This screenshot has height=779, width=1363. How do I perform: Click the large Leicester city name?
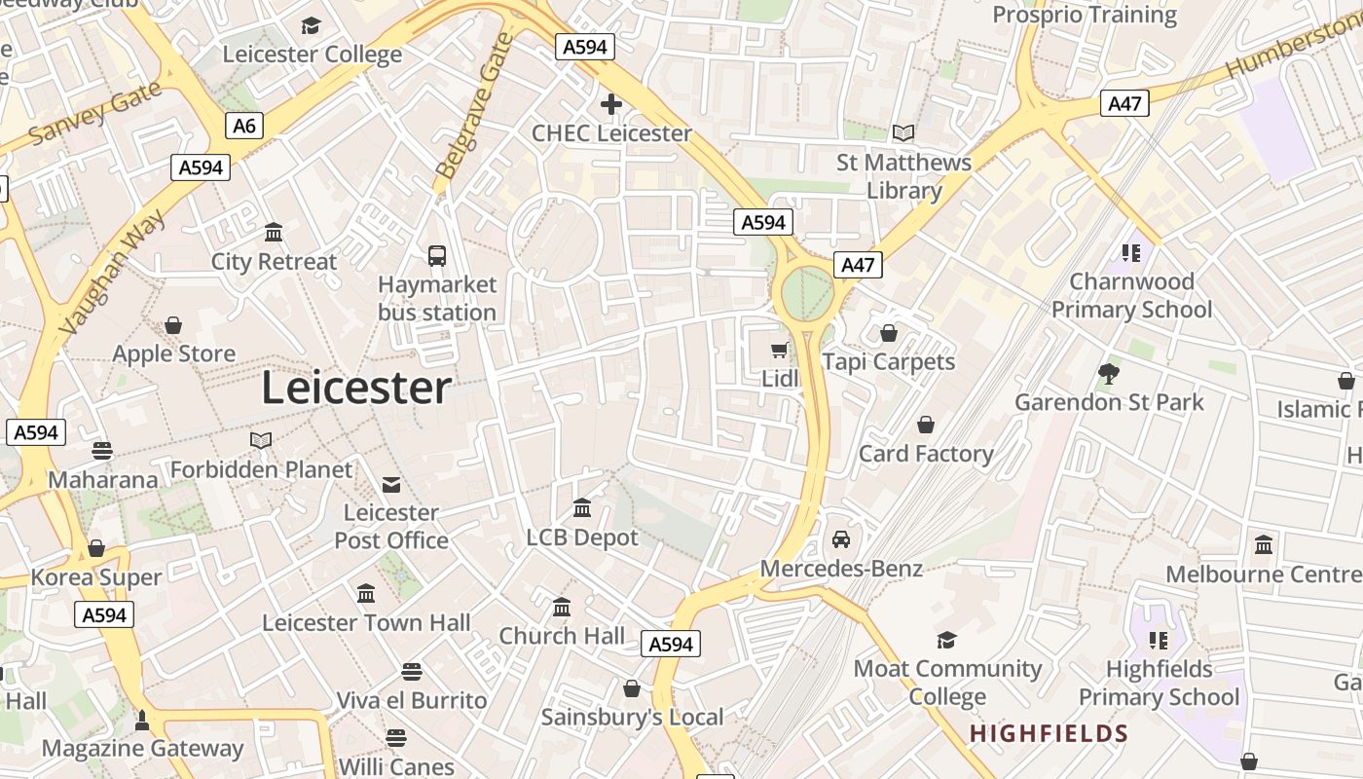click(356, 389)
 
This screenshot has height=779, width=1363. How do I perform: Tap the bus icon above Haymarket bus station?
click(437, 256)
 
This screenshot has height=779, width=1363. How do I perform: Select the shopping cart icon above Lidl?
click(779, 350)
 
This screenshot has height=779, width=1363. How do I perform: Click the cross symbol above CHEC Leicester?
click(611, 104)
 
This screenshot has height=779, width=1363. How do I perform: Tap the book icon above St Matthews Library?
click(903, 132)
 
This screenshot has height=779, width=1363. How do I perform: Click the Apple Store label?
click(174, 353)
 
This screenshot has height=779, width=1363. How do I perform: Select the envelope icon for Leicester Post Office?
click(391, 484)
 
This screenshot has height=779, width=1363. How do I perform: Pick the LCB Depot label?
click(582, 538)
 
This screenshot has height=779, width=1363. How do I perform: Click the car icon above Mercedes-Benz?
click(841, 539)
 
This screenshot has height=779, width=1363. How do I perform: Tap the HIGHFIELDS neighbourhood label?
click(1049, 734)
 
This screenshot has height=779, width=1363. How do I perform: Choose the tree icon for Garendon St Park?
click(1108, 373)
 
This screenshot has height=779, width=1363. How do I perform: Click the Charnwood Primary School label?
click(1131, 295)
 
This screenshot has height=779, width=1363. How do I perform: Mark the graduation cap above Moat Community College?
click(946, 640)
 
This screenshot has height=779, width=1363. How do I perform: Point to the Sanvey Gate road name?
click(95, 114)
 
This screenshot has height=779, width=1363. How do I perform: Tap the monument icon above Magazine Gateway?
click(142, 721)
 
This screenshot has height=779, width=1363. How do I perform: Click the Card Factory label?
click(926, 454)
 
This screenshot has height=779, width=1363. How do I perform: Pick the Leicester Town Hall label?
click(366, 623)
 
